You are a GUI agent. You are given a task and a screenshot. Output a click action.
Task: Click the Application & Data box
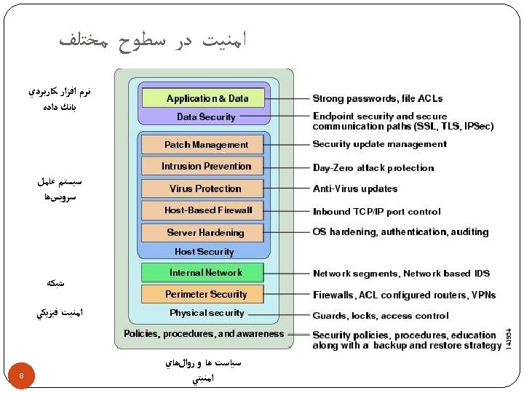point(207,98)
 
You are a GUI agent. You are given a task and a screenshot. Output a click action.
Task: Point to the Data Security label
point(206,117)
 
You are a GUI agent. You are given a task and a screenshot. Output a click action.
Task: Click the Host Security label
point(204,252)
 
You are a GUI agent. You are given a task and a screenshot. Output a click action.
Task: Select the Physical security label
point(207,313)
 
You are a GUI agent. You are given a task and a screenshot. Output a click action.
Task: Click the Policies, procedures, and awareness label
point(204,334)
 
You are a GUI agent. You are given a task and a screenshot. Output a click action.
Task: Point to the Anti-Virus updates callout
point(355,189)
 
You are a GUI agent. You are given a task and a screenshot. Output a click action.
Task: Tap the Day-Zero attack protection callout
point(373,168)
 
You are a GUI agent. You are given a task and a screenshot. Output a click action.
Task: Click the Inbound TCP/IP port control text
point(376,212)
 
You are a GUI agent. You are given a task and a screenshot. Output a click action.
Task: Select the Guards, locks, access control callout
point(381,316)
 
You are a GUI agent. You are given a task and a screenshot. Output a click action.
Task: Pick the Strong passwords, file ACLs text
point(377,98)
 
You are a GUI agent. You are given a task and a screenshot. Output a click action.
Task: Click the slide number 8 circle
point(22,376)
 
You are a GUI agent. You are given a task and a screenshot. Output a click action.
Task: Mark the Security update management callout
point(379,144)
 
